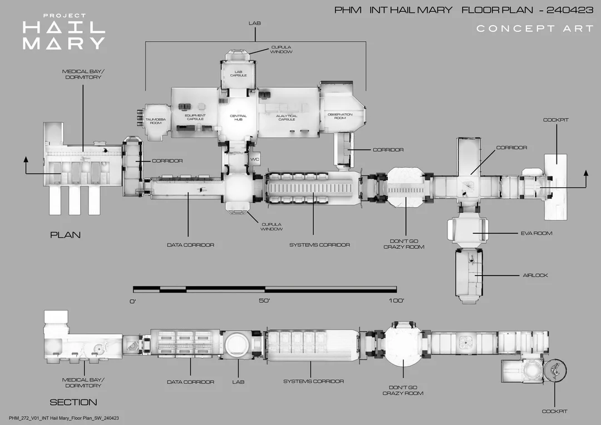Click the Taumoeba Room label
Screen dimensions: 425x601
154,121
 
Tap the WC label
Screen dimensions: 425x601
255,159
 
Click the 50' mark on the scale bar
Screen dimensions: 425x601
264,301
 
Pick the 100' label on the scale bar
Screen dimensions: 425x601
396,301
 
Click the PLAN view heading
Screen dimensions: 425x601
65,235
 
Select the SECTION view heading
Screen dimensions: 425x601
73,402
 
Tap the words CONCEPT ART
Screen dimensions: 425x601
535,28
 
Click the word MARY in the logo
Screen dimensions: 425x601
63,43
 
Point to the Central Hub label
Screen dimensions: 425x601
238,118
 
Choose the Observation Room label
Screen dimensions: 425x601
340,116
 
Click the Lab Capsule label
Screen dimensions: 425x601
238,74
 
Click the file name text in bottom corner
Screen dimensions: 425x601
64,418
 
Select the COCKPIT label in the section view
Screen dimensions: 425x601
555,411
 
